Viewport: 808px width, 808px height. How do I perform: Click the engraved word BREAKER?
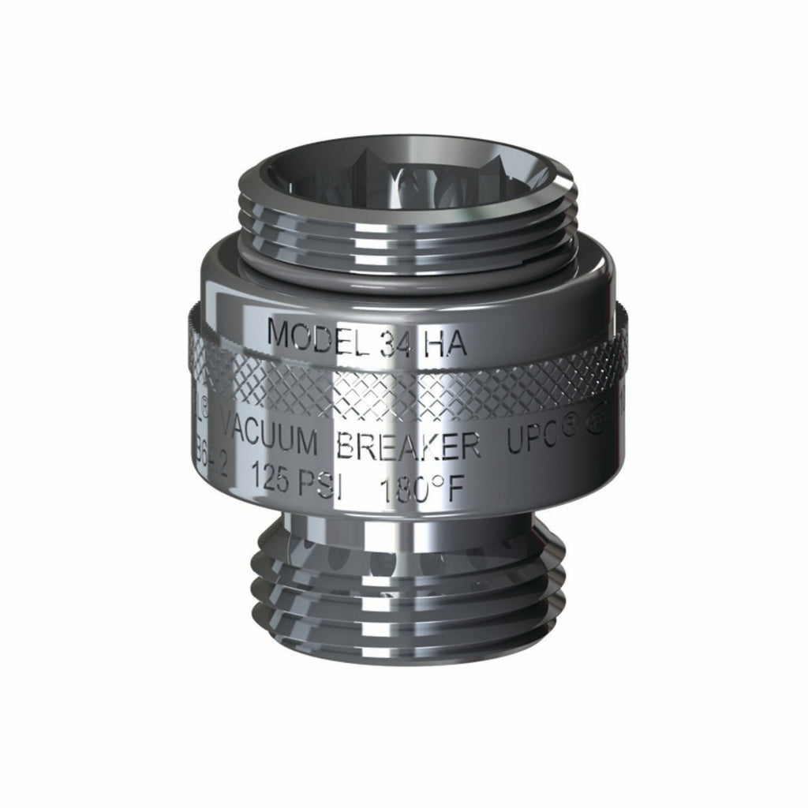tap(408, 446)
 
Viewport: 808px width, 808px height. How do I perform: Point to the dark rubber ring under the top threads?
tap(406, 264)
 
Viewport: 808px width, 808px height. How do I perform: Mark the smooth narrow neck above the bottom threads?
tap(406, 525)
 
